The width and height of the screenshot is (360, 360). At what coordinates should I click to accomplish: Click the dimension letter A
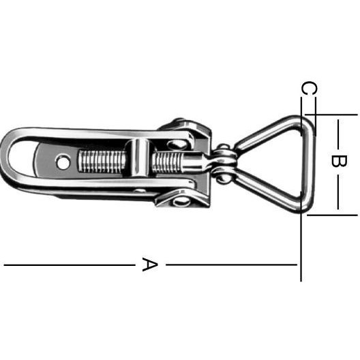[150, 265]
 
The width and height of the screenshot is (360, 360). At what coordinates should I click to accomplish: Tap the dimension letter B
[339, 161]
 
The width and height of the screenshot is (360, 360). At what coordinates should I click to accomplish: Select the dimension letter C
[310, 88]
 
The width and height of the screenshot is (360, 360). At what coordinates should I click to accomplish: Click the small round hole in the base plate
[63, 162]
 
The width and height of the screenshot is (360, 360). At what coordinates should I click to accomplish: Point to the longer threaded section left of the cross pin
[102, 161]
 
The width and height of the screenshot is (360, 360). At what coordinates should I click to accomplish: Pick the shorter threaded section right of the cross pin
[167, 162]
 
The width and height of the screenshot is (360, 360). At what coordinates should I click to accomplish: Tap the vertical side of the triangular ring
[306, 164]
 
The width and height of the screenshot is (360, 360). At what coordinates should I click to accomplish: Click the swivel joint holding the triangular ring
[224, 163]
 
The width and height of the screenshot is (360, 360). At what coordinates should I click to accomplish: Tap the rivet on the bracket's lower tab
[181, 202]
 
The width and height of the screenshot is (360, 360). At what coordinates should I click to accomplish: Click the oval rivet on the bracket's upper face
[177, 145]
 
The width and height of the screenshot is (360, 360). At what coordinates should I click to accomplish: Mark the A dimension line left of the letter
[70, 265]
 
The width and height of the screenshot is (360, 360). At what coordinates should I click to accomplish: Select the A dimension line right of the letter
[231, 265]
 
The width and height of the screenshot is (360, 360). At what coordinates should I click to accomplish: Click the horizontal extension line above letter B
[331, 115]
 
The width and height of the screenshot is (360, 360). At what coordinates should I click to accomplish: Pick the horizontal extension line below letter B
[332, 215]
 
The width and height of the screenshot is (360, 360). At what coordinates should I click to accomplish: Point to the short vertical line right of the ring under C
[315, 117]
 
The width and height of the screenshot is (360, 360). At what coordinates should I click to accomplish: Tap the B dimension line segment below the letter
[338, 192]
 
